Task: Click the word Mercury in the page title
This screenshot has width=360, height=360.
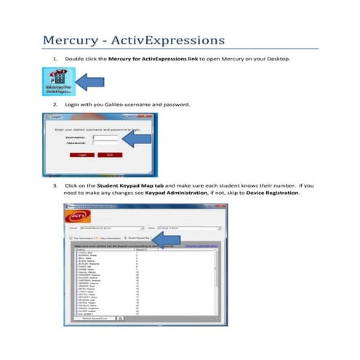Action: click(71, 39)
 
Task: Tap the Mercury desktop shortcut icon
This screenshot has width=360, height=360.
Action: click(57, 82)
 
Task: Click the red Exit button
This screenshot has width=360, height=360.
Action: click(109, 155)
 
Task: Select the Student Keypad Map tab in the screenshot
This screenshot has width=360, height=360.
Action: click(140, 237)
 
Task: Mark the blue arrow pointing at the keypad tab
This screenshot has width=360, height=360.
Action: click(168, 239)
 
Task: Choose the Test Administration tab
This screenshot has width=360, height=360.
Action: click(85, 237)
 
